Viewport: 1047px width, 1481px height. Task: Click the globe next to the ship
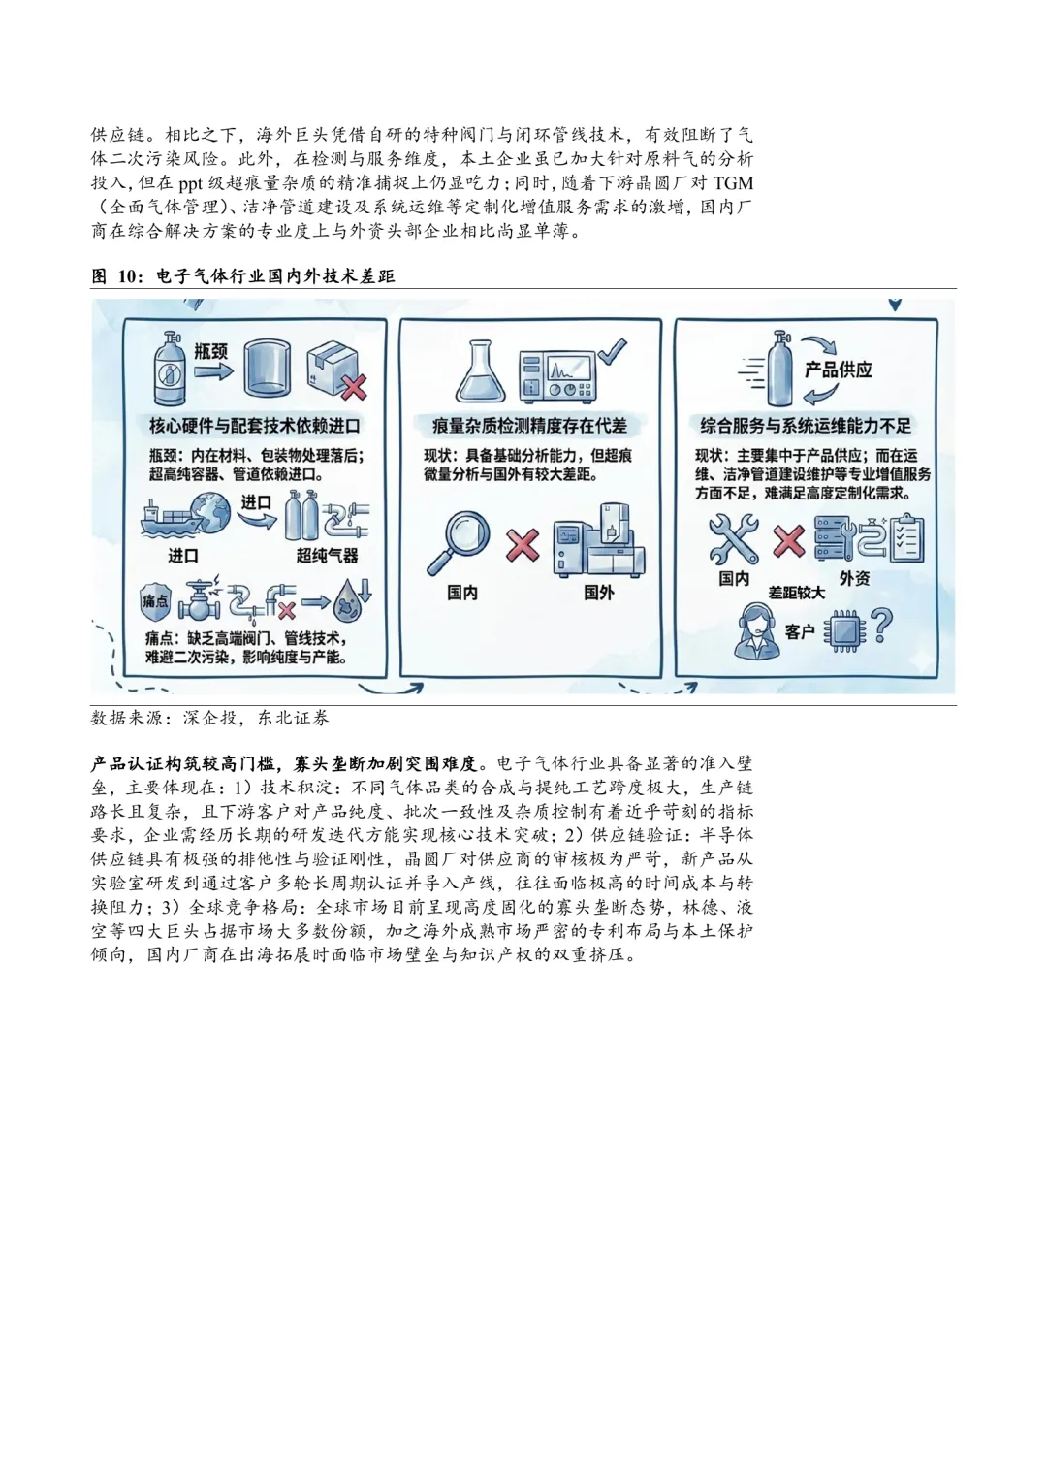(211, 513)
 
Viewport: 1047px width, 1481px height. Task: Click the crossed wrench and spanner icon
(733, 539)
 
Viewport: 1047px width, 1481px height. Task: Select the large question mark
(881, 626)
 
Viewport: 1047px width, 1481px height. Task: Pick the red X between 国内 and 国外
(523, 544)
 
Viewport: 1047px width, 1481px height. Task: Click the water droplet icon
(351, 601)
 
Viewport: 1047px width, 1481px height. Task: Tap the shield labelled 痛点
(155, 601)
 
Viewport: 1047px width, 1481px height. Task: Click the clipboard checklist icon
(907, 539)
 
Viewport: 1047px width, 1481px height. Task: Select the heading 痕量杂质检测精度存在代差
(529, 426)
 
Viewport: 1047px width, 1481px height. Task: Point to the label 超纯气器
(327, 556)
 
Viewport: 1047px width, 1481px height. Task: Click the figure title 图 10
(242, 276)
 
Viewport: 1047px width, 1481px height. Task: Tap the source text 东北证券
(293, 718)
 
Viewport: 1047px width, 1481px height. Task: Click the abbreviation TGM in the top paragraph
(732, 183)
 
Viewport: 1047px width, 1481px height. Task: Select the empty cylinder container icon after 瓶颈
(267, 368)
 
